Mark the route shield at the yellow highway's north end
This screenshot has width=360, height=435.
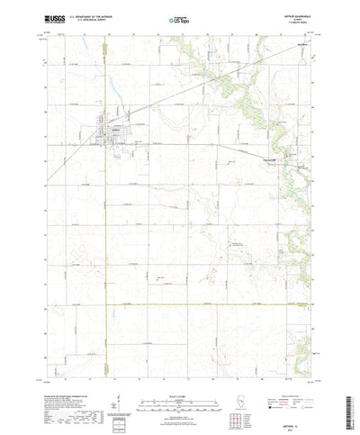[107, 61]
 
